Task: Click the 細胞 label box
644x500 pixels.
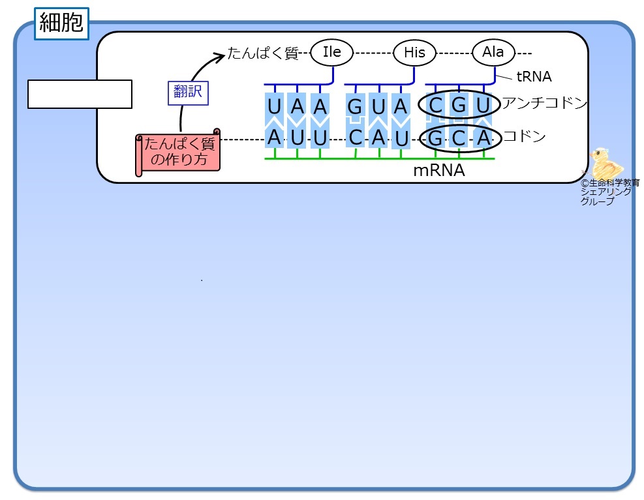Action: click(61, 23)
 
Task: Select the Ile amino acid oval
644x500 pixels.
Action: click(332, 52)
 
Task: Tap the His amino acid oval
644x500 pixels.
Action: click(414, 53)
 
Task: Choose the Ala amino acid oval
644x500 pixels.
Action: click(493, 52)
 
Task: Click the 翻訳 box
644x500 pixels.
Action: click(188, 93)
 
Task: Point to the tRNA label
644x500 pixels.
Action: click(534, 76)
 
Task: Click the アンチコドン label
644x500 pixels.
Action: click(545, 102)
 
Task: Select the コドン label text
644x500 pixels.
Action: click(525, 136)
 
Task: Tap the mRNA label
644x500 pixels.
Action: click(439, 170)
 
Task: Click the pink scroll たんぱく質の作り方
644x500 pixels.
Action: click(178, 152)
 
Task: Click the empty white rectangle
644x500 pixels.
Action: click(80, 95)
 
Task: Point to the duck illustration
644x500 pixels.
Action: click(606, 164)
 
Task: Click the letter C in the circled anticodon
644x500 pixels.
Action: click(435, 106)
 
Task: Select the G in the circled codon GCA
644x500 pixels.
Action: click(435, 138)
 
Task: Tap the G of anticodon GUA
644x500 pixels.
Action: click(355, 107)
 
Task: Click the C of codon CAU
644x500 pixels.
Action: click(356, 138)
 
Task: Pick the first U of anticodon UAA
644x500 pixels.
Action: click(274, 107)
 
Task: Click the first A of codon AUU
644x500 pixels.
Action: click(274, 138)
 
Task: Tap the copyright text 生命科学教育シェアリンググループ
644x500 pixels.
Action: click(609, 192)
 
